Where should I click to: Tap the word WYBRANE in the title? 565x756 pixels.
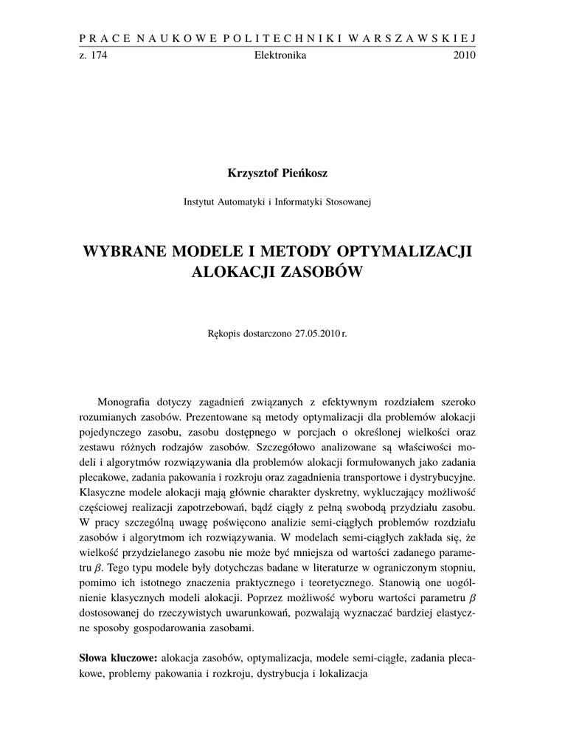click(x=125, y=250)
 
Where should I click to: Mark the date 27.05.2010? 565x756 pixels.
click(x=317, y=334)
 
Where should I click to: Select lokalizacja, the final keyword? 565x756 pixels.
click(x=342, y=674)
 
